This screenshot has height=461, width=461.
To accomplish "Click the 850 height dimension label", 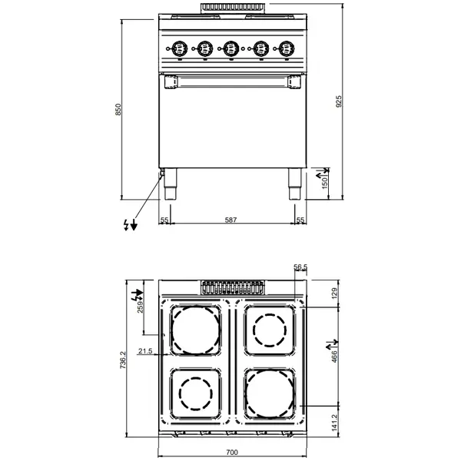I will click(118, 110).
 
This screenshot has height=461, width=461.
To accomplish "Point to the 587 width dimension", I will click(230, 221).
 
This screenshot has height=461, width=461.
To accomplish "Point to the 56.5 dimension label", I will click(300, 267).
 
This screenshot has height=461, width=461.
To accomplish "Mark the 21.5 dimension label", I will click(145, 351).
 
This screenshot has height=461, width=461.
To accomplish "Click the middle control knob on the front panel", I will click(230, 48).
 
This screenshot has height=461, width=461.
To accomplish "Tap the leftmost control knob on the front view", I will click(177, 48).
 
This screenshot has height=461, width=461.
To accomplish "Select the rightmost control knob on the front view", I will click(286, 48).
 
